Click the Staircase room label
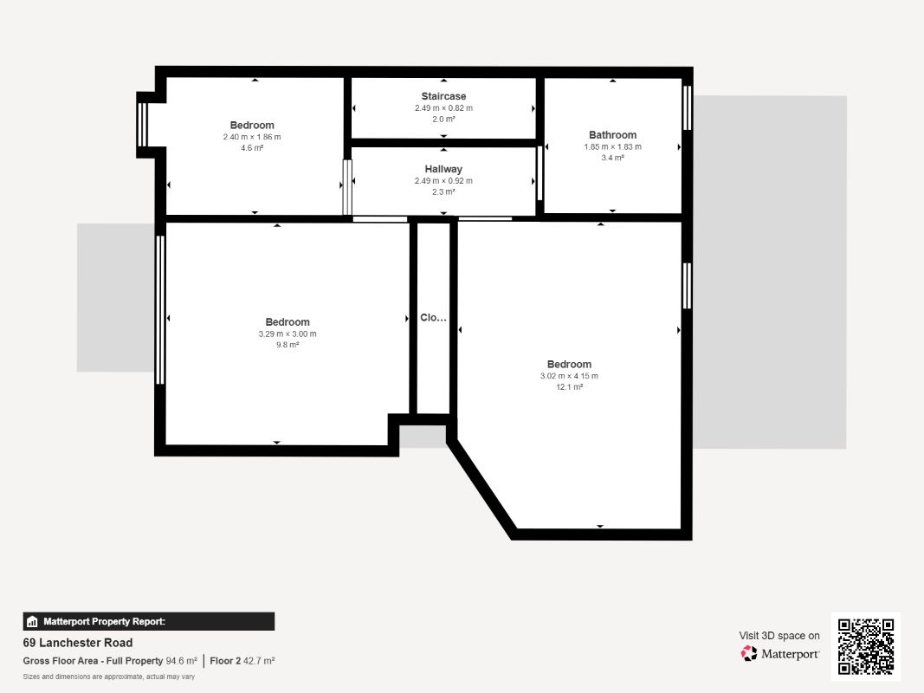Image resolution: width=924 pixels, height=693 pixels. coord(443,96)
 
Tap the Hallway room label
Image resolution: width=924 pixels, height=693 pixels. coord(443,169)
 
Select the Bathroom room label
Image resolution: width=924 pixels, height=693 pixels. coord(612,135)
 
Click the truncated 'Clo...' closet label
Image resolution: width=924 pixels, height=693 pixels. coord(433,318)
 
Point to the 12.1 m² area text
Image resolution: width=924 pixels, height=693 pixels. coord(569,387)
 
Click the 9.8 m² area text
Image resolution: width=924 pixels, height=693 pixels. coord(288,345)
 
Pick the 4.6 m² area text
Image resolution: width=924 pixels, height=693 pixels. coord(252,148)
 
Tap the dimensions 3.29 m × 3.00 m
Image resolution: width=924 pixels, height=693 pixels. coord(288,334)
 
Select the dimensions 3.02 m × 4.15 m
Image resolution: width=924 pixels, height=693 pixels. coord(569,376)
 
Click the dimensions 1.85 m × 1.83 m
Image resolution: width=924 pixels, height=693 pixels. coord(612,146)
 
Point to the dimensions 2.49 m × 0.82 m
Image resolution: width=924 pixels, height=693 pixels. coord(443,107)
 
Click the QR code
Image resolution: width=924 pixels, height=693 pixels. coord(866,646)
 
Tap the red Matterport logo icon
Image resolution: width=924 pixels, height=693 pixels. coord(749,653)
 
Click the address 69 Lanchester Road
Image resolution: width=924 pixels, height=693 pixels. coord(78,642)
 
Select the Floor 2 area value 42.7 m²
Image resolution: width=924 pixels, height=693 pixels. coord(259,661)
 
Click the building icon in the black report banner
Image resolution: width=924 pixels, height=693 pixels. coord(32,621)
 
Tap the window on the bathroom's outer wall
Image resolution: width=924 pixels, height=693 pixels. coord(687,107)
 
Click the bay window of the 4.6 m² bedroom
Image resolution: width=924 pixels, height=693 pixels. coord(142,125)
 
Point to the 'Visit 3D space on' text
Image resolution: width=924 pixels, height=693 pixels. coord(779,635)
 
